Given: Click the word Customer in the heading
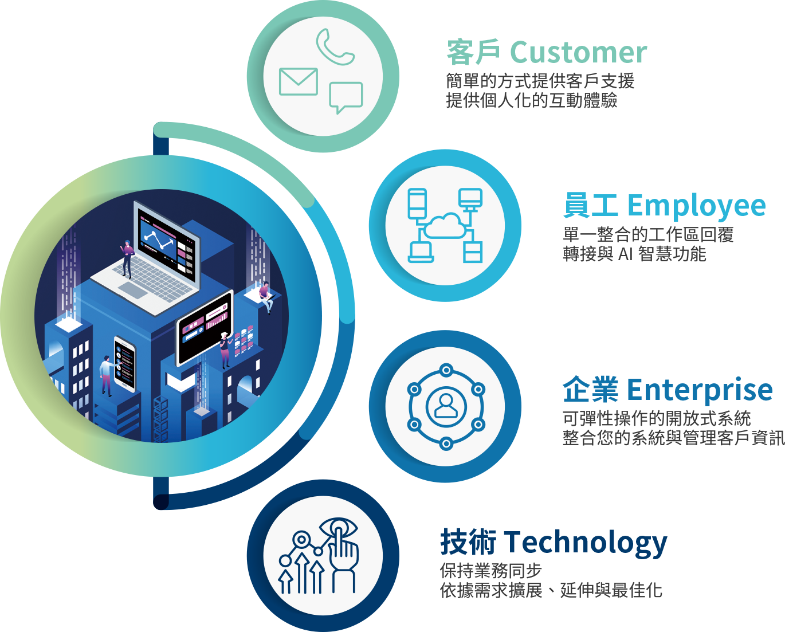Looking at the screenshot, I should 578,53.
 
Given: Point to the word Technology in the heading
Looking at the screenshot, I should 585,543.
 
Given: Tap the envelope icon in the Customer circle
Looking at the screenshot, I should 298,82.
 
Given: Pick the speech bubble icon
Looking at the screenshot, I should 346,96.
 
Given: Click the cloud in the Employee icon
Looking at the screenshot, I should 445,226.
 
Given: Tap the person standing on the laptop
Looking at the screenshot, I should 127,258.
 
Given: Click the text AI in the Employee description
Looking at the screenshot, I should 627,254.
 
